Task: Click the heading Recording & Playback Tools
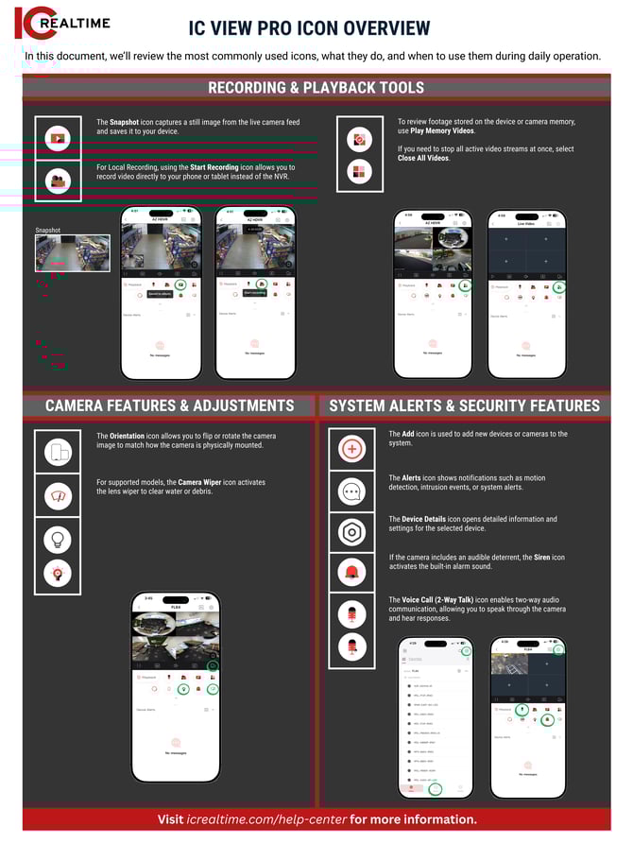[316, 88]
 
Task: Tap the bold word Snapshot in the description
[125, 123]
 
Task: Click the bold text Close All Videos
[423, 158]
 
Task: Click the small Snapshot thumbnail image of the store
[72, 252]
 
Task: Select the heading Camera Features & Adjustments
[170, 405]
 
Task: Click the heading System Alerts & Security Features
[464, 405]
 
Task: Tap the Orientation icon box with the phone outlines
[58, 453]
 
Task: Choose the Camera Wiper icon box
[58, 496]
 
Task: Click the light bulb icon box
[58, 539]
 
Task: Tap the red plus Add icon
[352, 449]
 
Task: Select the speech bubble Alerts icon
[352, 491]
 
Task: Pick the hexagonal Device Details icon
[352, 532]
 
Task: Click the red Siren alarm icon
[352, 572]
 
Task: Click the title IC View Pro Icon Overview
[309, 28]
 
